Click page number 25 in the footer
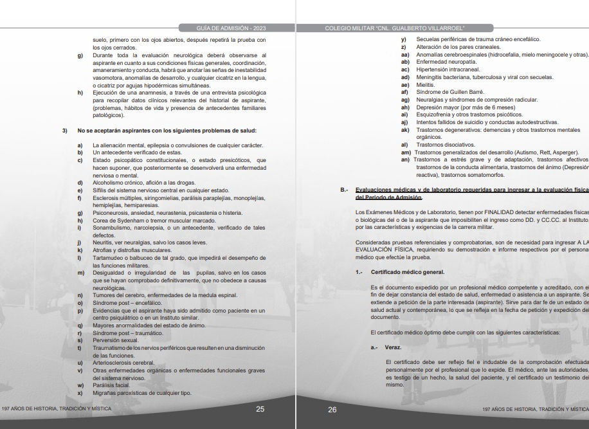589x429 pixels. (x=260, y=409)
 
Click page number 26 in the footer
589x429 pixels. (x=332, y=409)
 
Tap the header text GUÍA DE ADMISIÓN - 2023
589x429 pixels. (x=230, y=28)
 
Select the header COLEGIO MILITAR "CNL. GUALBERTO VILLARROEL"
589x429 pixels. (x=394, y=28)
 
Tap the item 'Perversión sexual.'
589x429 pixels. (x=116, y=340)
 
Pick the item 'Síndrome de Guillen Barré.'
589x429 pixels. (x=450, y=92)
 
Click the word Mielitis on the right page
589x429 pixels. (x=426, y=84)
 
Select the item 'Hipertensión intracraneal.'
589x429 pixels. (x=448, y=69)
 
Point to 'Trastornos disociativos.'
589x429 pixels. (x=446, y=145)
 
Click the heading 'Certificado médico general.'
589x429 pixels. (x=408, y=272)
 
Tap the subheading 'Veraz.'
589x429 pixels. (x=394, y=347)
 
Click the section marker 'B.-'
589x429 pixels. (x=344, y=189)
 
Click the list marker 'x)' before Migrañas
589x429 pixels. (x=80, y=393)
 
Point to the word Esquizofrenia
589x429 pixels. (x=438, y=114)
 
